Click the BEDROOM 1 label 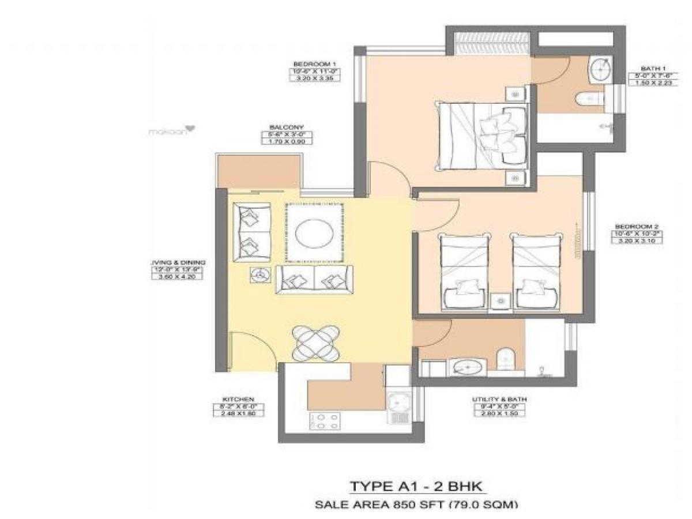click(314, 64)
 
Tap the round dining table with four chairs click(315, 343)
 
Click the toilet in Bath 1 click(588, 100)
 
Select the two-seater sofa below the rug click(312, 280)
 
